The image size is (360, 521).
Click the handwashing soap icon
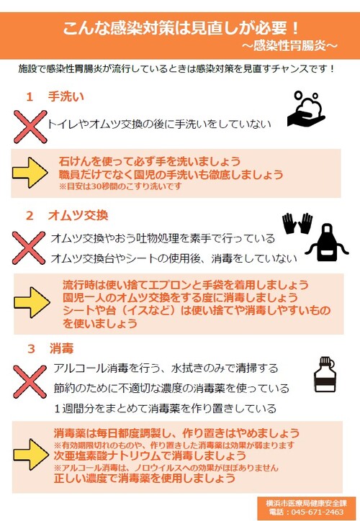[306, 109]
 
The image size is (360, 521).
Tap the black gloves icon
[297, 223]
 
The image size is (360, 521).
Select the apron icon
[327, 243]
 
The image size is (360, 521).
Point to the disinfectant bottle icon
[325, 374]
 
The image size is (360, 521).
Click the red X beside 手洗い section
[30, 127]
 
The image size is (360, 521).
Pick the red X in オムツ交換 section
[29, 248]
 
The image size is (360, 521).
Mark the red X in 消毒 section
[30, 381]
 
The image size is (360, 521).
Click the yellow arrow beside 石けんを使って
[30, 173]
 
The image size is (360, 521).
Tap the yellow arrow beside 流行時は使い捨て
[32, 302]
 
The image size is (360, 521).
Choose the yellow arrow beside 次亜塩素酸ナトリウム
[31, 454]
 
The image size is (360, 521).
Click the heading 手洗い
[66, 96]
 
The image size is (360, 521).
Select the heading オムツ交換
[78, 215]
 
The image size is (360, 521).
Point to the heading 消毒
[61, 348]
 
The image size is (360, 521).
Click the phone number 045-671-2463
[317, 512]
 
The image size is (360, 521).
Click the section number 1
[30, 97]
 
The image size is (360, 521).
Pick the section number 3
[31, 349]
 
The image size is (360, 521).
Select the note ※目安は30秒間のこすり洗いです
[120, 186]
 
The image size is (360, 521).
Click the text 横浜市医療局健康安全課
[306, 503]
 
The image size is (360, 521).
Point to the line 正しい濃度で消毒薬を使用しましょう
[145, 479]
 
